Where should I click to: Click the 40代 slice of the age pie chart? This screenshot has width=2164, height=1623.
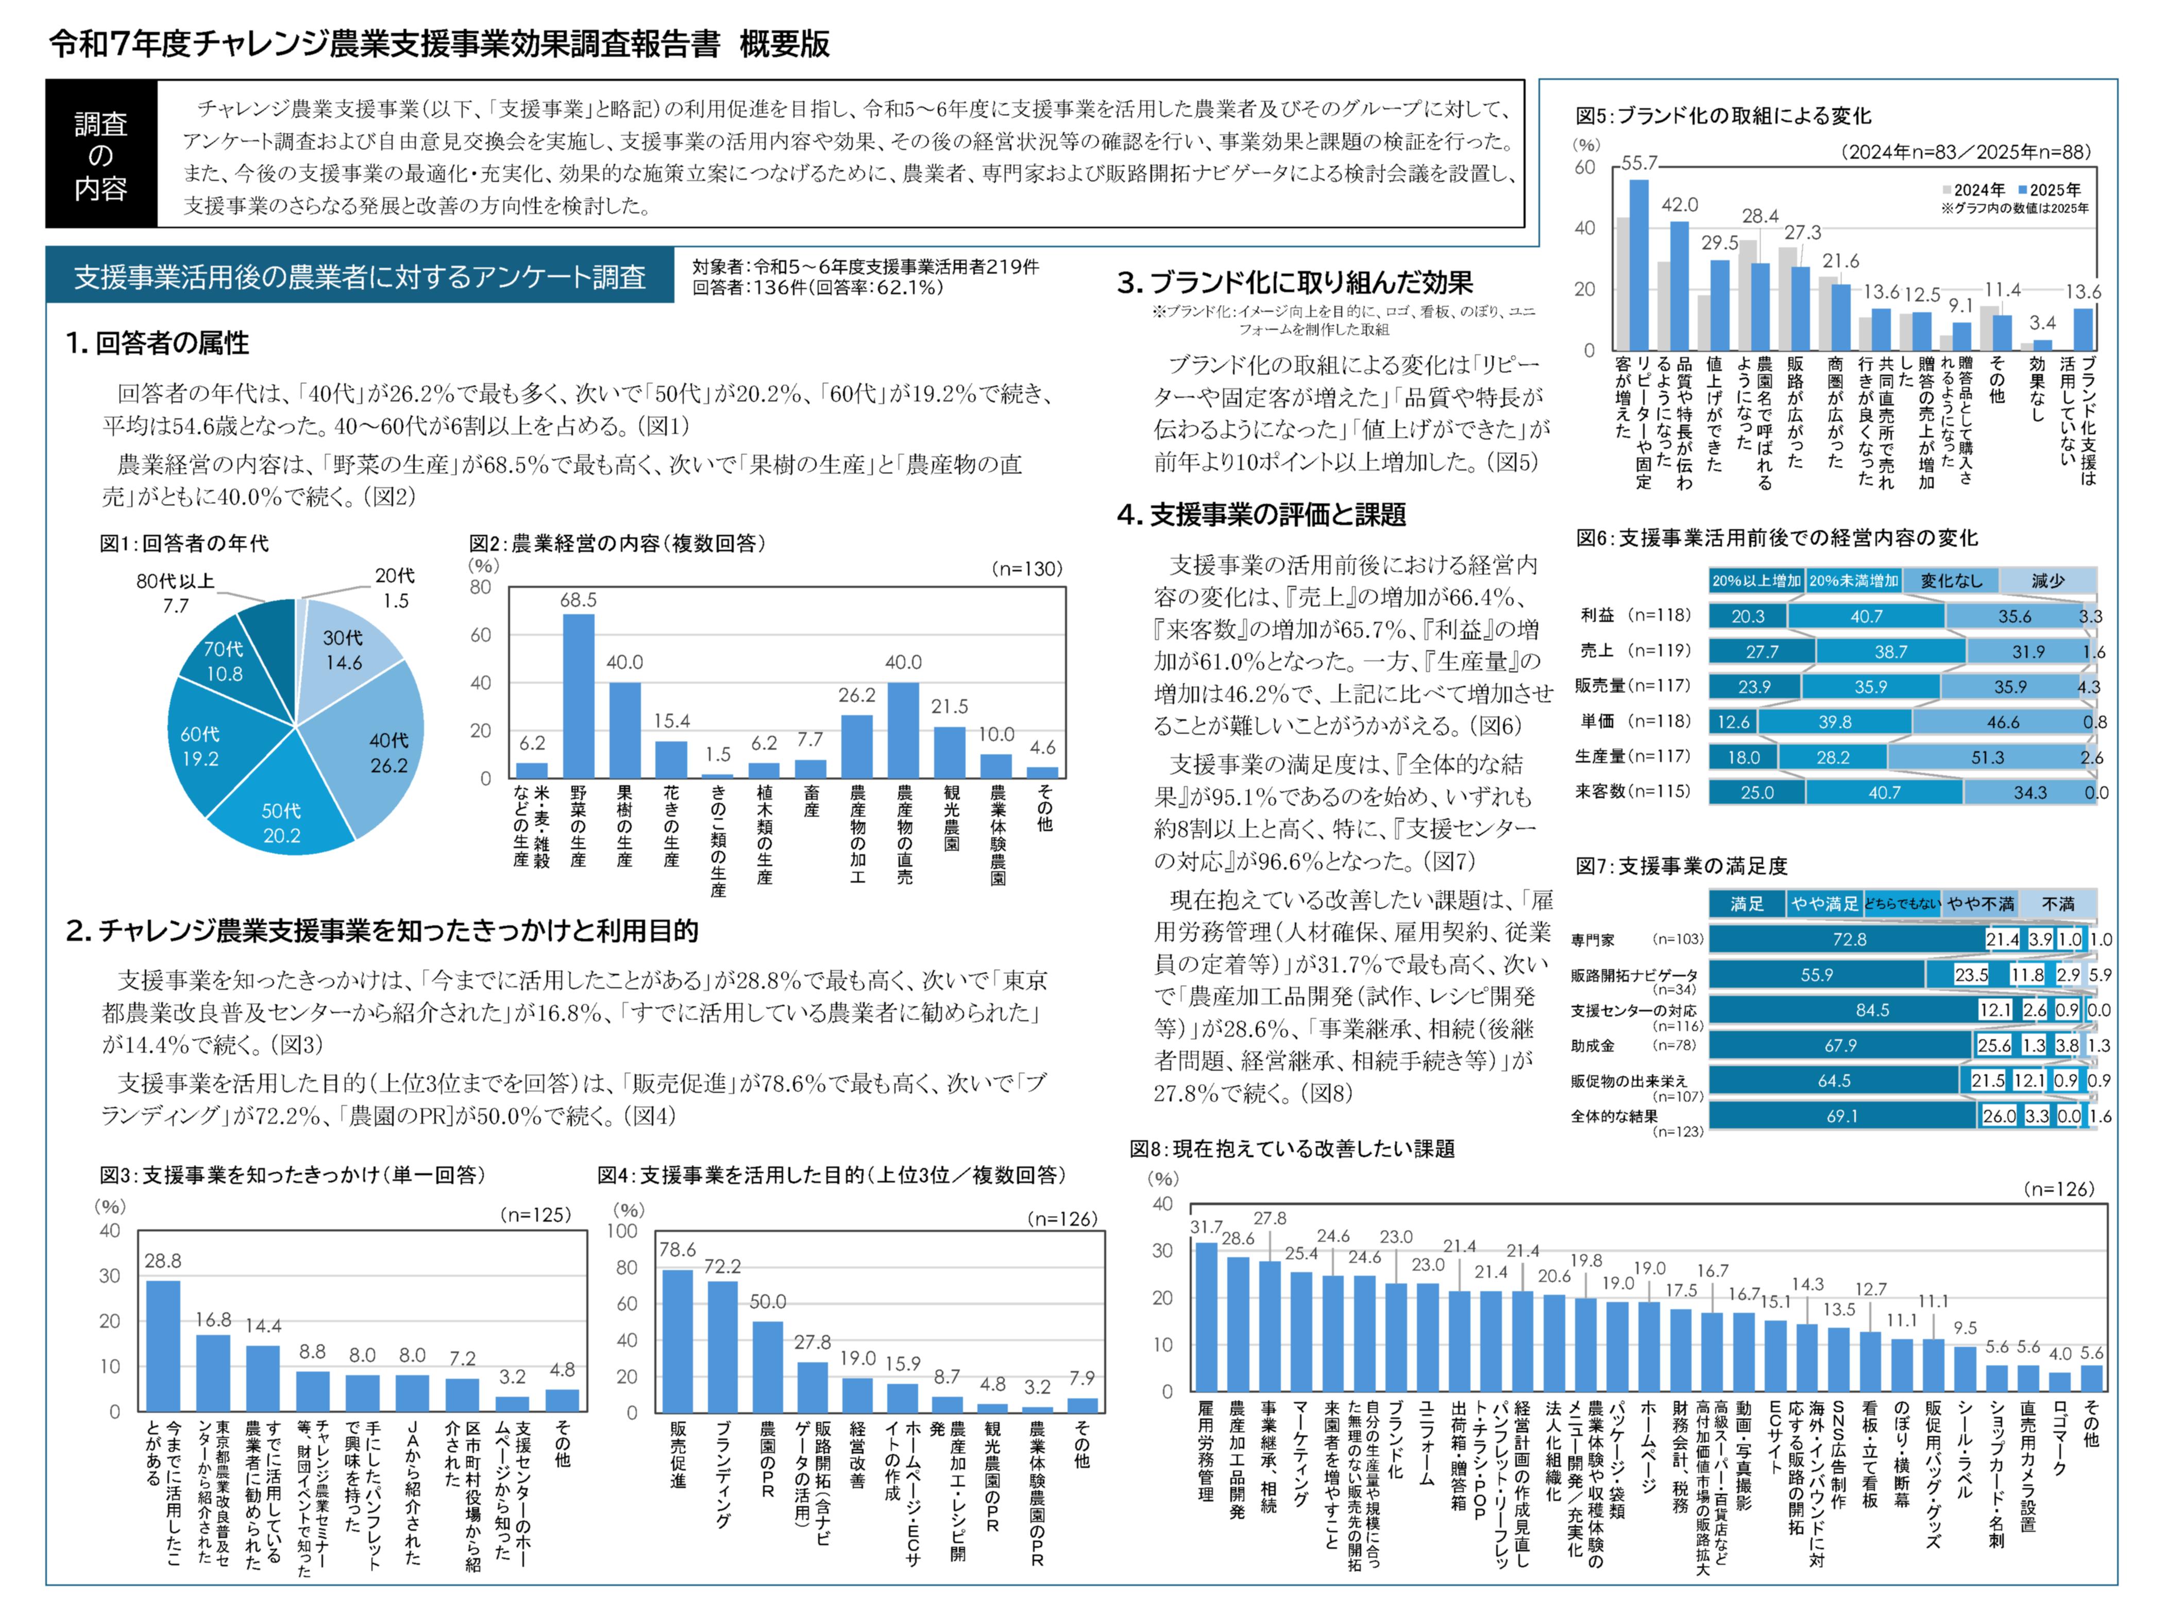377,749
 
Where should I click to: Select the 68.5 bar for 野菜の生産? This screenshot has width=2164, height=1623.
578,695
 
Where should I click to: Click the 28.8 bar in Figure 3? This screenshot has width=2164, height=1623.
163,1345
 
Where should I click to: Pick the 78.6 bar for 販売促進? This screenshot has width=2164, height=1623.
677,1340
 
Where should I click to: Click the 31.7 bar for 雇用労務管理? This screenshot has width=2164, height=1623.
1206,1316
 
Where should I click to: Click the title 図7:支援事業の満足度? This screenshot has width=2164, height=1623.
1681,866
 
